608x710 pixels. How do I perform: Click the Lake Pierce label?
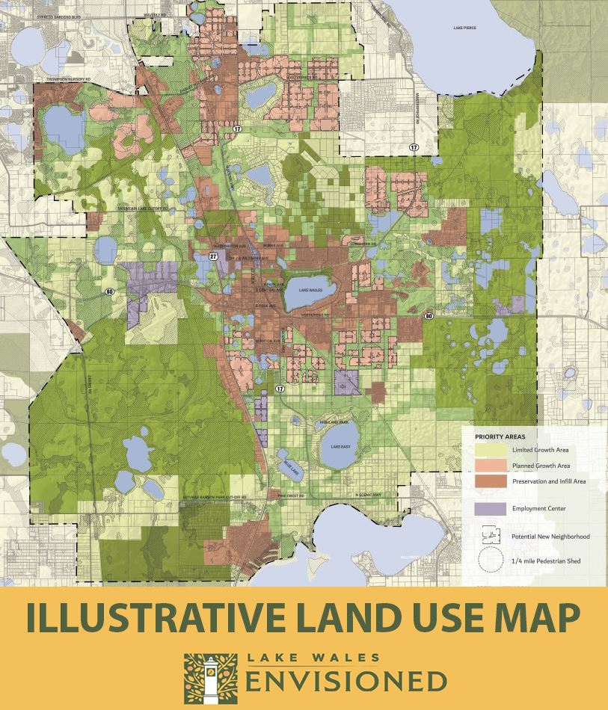(464, 28)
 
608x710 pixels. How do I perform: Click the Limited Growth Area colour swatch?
(490, 449)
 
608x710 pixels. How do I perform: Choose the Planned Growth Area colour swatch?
(490, 465)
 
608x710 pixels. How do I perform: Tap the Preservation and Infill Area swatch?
(490, 481)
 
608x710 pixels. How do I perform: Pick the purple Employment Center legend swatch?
(490, 508)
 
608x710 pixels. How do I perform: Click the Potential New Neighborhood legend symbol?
(490, 535)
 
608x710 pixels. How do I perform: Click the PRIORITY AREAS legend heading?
(500, 436)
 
